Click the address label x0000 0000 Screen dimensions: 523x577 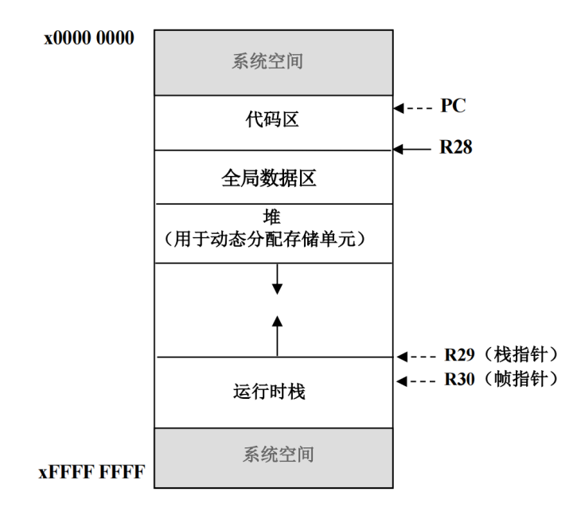coord(89,37)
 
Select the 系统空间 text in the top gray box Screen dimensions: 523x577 coord(273,62)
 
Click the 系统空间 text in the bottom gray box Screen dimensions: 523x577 coord(273,455)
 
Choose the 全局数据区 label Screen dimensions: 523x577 coord(273,178)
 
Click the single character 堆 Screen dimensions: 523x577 coord(273,217)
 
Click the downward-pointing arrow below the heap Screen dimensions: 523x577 coord(277,279)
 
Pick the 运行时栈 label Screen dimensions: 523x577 coord(273,392)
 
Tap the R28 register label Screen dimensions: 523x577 coord(456,148)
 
